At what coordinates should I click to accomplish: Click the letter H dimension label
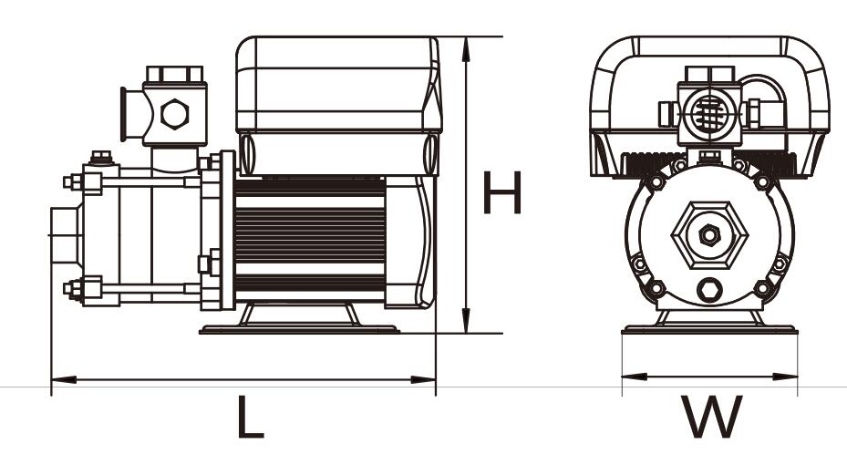click(501, 192)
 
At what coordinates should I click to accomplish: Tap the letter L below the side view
click(250, 417)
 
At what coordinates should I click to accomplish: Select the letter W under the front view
click(711, 417)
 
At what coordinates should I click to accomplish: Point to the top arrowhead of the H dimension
click(466, 48)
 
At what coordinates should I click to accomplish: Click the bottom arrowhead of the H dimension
click(466, 321)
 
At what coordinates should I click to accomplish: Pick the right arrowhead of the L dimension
click(423, 379)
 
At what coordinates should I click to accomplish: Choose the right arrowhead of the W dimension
click(785, 377)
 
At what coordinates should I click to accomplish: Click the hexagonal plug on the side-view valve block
click(175, 114)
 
